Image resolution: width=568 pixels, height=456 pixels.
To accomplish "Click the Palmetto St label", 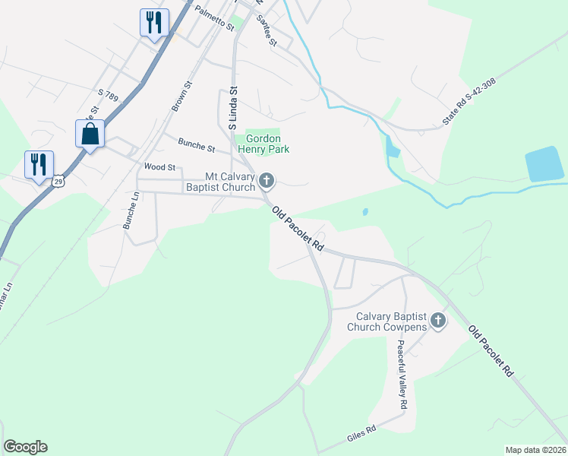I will [214, 18].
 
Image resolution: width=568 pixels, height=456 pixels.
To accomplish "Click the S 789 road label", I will [109, 95].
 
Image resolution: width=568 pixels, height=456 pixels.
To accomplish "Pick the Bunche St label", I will [197, 143].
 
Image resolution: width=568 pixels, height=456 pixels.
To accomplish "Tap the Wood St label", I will [159, 167].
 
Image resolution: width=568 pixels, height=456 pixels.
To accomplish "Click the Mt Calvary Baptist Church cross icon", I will [266, 181].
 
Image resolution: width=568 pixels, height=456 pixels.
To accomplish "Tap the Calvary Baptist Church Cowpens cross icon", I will [438, 321].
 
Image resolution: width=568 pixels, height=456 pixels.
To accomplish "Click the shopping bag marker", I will [90, 134].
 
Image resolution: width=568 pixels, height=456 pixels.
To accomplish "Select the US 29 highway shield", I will [59, 181].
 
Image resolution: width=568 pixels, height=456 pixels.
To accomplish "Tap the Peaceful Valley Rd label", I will [401, 372].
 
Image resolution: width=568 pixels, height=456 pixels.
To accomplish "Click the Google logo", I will [25, 447].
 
